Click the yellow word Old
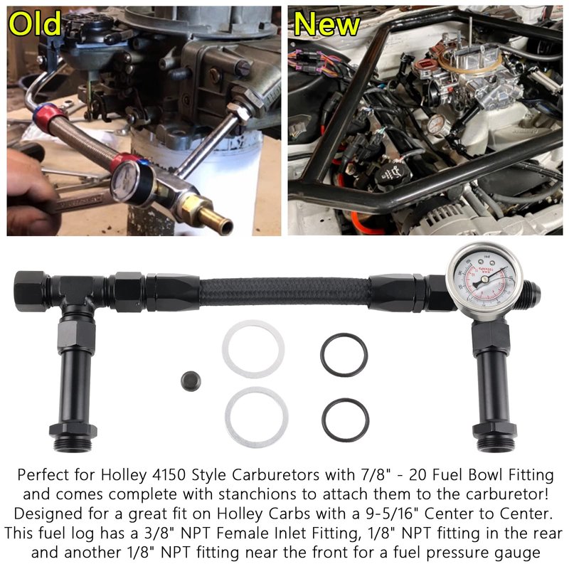35,23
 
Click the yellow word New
327,24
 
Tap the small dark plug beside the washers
191,381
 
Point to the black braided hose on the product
285,292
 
